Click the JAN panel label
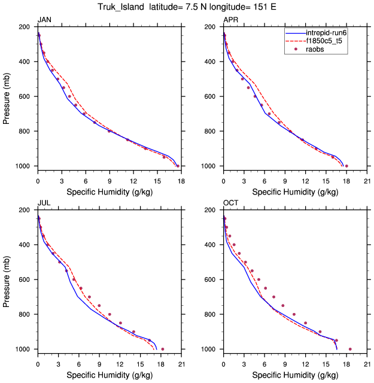pyautogui.click(x=44, y=20)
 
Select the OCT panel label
pyautogui.click(x=230, y=203)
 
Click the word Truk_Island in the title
pyautogui.click(x=123, y=7)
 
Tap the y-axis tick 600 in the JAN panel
pyautogui.click(x=26, y=96)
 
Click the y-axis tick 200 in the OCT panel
pyautogui.click(x=211, y=210)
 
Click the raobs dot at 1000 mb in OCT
pyautogui.click(x=350, y=349)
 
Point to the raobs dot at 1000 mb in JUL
pyautogui.click(x=163, y=349)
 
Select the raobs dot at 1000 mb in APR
pyautogui.click(x=346, y=166)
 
